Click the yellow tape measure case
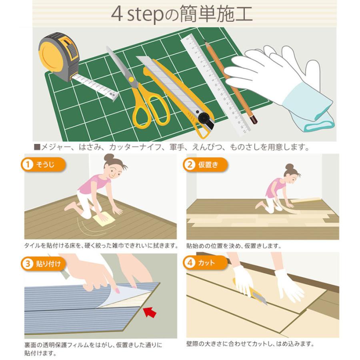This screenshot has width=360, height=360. [x=59, y=56]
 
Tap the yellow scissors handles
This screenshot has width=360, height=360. [x=150, y=108]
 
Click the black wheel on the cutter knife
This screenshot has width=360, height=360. [x=204, y=119]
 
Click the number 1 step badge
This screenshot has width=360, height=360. [x=28, y=164]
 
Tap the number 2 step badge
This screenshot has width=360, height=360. [x=190, y=165]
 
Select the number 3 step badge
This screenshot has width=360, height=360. [x=28, y=264]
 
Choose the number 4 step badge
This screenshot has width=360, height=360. [x=190, y=262]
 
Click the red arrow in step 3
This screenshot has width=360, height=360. [x=150, y=313]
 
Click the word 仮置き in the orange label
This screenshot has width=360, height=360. [x=208, y=165]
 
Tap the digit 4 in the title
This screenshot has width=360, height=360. [x=116, y=14]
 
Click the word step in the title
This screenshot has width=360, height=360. [x=145, y=15]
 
